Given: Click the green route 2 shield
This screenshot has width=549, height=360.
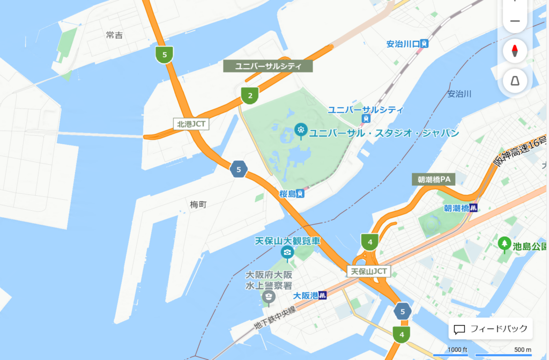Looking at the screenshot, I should pos(249,95).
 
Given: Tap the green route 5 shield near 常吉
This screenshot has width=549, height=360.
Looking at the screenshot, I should pos(164,54).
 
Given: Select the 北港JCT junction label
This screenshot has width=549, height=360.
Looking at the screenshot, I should pos(191,123).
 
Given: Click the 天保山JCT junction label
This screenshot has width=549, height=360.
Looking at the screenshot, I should pos(369,271).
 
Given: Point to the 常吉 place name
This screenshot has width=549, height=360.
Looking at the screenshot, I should pos(114,35).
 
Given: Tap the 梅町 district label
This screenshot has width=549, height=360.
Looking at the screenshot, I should pos(198,204).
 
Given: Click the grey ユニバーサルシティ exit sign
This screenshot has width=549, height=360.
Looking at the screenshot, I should pos(268,67).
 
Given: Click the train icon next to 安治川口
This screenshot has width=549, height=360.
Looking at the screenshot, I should pos(425,44).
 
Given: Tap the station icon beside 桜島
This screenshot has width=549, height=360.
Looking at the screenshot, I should pos(301,194).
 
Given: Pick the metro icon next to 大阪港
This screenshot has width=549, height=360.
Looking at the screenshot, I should pos(322,295).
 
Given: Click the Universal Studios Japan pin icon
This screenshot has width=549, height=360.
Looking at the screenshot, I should pos(301,130).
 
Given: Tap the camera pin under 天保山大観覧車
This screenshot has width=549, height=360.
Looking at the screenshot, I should pos(288,252).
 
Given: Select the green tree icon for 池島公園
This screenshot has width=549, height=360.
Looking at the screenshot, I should pos(503,244).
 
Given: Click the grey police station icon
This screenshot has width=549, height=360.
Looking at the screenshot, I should pos(268,296).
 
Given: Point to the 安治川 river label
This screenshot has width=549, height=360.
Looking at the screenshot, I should pos(459,94).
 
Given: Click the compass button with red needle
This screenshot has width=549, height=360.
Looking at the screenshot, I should pos(515,51).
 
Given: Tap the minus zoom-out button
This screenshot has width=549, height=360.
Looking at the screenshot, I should pos(515,21).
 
